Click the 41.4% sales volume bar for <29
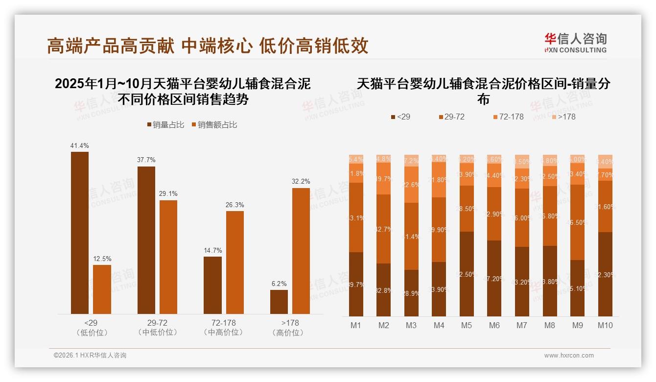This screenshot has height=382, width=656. (x=80, y=233)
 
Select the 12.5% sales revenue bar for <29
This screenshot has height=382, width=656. (x=102, y=289)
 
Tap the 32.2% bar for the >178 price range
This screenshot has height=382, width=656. (x=301, y=251)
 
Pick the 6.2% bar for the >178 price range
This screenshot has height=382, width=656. (x=279, y=302)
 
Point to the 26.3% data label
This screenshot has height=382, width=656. (x=235, y=205)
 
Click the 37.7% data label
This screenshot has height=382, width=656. (x=146, y=160)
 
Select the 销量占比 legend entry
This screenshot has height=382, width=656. (x=165, y=125)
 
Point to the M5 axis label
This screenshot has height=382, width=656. (x=467, y=325)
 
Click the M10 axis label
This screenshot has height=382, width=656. (x=605, y=325)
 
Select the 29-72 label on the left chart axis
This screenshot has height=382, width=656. (x=157, y=323)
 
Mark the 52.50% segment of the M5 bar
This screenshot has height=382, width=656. (x=467, y=274)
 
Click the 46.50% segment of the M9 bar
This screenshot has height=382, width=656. (x=578, y=222)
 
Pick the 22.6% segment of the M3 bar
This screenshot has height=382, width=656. (x=411, y=185)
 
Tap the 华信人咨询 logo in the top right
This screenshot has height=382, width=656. (x=575, y=43)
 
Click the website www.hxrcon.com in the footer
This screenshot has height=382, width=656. (x=569, y=356)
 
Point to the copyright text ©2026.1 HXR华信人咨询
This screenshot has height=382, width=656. (x=90, y=356)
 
